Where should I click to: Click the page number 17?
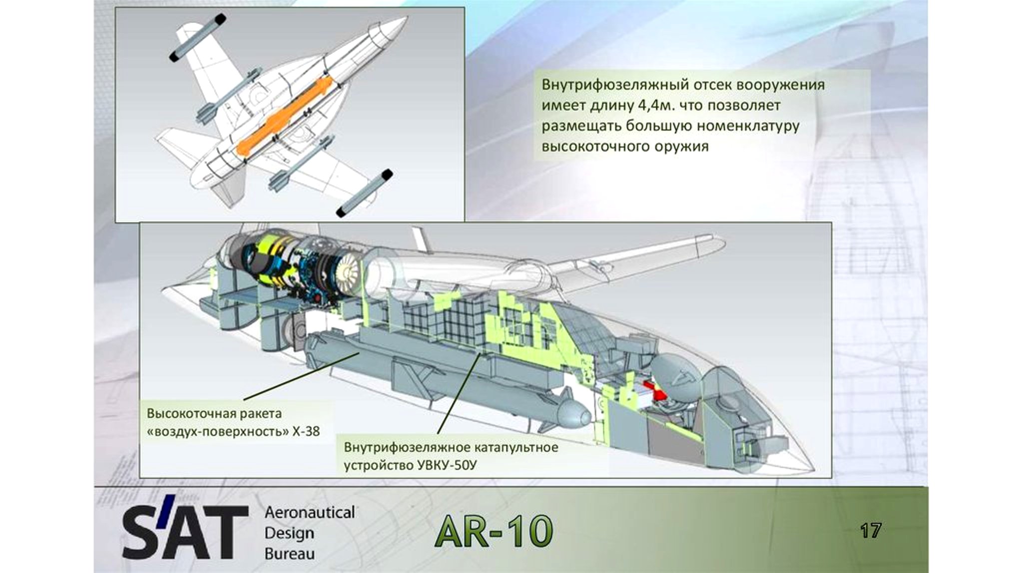click(x=870, y=531)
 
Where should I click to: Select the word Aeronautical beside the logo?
click(x=310, y=513)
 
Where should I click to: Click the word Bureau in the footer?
click(x=290, y=554)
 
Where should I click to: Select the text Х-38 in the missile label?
click(x=305, y=432)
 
